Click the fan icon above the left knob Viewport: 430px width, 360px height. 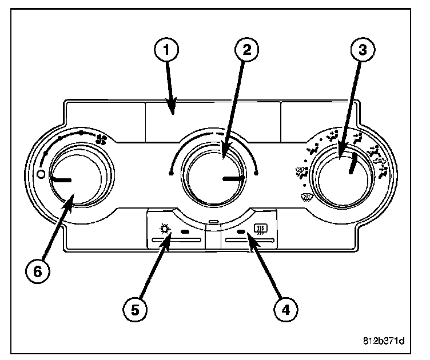[x=101, y=139]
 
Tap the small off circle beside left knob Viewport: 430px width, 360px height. [x=41, y=174]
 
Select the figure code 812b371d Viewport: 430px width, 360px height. [x=383, y=342]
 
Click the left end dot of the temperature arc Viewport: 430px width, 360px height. [x=171, y=173]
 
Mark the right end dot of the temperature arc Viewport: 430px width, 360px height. [x=257, y=173]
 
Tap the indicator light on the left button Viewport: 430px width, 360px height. [x=185, y=232]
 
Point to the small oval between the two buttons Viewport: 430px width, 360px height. [x=213, y=222]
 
